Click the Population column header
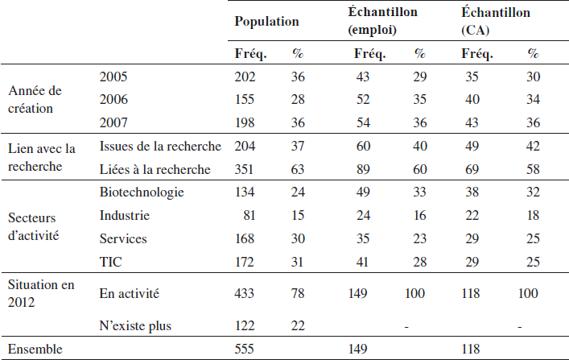point(266,22)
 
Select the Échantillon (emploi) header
point(382,21)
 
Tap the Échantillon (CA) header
point(496,21)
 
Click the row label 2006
point(113,99)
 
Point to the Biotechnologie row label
point(142,192)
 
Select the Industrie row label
point(125,215)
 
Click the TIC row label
point(111,262)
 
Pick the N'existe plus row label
point(135,326)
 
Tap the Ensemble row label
point(35,349)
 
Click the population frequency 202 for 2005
point(245,77)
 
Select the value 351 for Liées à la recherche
point(244,169)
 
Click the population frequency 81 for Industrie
point(249,215)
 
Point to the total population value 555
point(244,349)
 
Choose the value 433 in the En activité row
point(244,293)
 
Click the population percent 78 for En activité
point(298,293)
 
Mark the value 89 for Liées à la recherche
point(363,169)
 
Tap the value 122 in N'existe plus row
point(245,326)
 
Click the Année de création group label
point(35,100)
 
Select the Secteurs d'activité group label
point(33,226)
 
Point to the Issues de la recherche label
point(160,146)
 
